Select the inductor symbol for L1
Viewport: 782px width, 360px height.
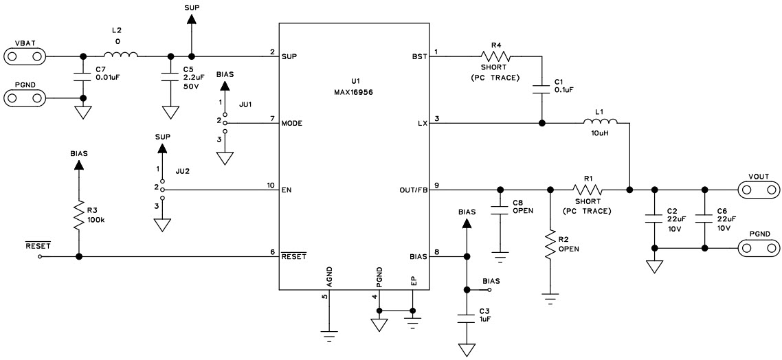[x=601, y=123]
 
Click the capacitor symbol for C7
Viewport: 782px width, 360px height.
[x=83, y=76]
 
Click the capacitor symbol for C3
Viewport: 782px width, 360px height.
[x=467, y=317]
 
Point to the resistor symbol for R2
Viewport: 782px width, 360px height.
[x=550, y=245]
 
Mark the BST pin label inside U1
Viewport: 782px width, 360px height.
[x=418, y=56]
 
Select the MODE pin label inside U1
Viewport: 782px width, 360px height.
[x=293, y=124]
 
